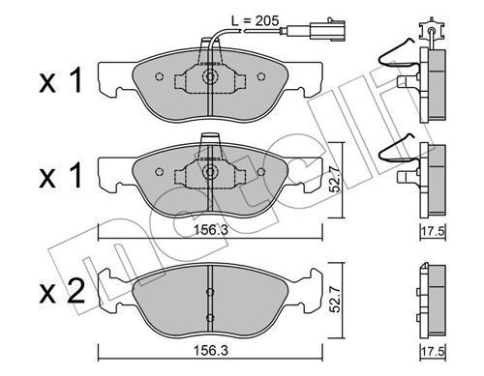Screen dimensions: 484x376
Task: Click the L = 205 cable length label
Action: pos(255,21)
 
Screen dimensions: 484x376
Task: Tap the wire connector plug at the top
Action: pos(327,30)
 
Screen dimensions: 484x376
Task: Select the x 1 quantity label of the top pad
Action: pos(61,81)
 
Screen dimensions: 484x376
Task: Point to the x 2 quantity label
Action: pos(62,292)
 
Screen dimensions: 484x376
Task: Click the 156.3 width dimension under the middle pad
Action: pos(211,230)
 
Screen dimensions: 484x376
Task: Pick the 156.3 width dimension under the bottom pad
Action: pos(211,351)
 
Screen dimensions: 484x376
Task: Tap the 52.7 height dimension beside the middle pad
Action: pos(336,180)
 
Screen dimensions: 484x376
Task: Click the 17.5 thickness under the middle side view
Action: pos(434,231)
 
